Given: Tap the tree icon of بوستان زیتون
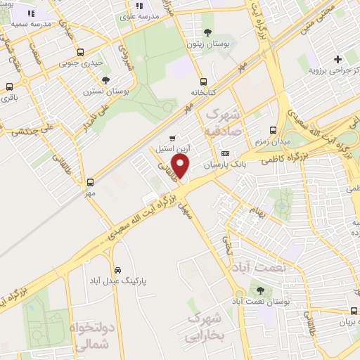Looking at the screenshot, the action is tap(207, 32).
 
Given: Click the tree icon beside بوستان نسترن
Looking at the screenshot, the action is tap(105, 80).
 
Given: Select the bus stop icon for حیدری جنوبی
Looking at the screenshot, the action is tap(81, 52).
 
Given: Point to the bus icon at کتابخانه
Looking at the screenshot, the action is tap(203, 81).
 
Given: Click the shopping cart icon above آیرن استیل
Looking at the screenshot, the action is tap(172, 138).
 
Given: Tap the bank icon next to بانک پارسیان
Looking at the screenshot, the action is tap(224, 153).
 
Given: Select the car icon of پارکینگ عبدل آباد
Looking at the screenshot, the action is tap(117, 270).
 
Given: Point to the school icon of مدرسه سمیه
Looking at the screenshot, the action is tap(31, 13).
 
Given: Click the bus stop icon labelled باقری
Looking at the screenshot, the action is tap(9, 87).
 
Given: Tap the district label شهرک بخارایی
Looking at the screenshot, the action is tap(206, 328).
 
